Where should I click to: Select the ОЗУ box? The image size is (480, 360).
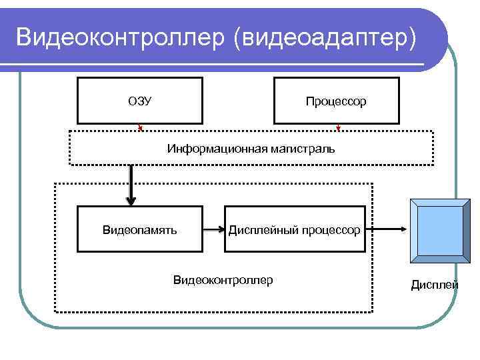pyautogui.click(x=139, y=101)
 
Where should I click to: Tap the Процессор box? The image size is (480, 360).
pyautogui.click(x=336, y=101)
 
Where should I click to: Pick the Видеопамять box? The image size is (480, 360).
pyautogui.click(x=139, y=230)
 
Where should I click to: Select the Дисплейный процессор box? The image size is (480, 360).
pyautogui.click(x=295, y=230)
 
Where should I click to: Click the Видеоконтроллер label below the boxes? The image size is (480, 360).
pyautogui.click(x=223, y=280)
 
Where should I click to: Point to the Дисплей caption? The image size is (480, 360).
pyautogui.click(x=434, y=285)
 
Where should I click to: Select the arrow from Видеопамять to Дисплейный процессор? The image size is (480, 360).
pyautogui.click(x=213, y=230)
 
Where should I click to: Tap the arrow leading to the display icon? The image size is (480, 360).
pyautogui.click(x=387, y=230)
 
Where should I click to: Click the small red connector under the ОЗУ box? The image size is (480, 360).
pyautogui.click(x=140, y=127)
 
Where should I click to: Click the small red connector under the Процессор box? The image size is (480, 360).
pyautogui.click(x=338, y=127)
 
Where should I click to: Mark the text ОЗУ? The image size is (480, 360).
pyautogui.click(x=139, y=101)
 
